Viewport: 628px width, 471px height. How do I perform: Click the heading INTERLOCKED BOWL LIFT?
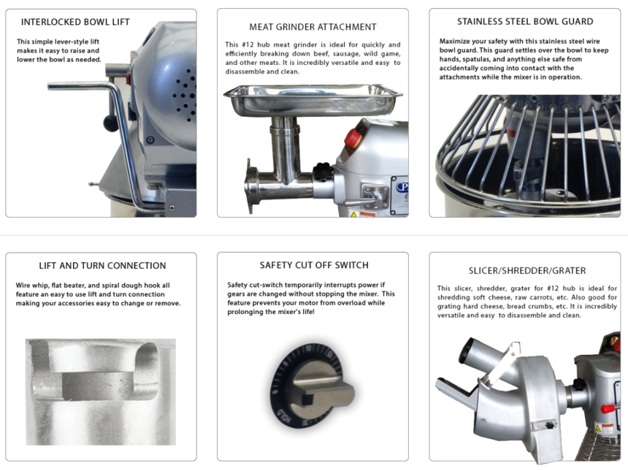(x=75, y=22)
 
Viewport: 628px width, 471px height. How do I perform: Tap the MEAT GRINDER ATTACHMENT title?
(x=313, y=27)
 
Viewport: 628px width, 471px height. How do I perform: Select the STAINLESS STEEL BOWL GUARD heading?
(x=525, y=22)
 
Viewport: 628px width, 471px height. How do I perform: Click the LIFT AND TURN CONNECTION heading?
(x=102, y=266)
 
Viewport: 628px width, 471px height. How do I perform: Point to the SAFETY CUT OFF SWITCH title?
(x=314, y=265)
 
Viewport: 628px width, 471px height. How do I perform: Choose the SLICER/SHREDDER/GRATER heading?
(x=527, y=271)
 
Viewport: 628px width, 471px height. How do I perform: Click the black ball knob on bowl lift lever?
(x=111, y=123)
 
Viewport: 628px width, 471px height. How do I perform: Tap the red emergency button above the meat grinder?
(x=353, y=138)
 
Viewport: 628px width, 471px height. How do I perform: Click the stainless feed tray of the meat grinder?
(x=313, y=100)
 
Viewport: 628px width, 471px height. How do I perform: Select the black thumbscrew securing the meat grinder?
(x=323, y=172)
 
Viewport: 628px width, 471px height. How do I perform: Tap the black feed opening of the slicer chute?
(x=466, y=351)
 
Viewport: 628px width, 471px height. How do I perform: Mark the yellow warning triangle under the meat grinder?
(x=353, y=215)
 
